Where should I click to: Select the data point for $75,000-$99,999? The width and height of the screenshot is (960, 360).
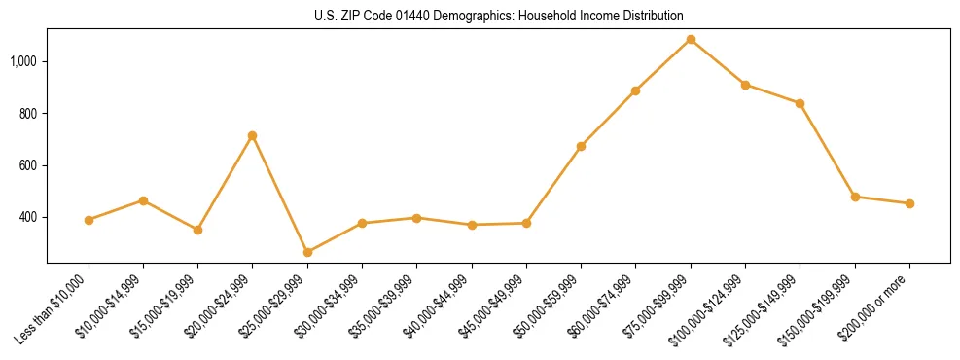(x=691, y=40)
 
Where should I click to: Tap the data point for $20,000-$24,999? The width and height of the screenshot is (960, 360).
(x=253, y=136)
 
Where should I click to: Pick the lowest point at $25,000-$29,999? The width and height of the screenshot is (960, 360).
(x=307, y=252)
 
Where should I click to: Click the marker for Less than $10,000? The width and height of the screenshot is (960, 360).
(x=89, y=220)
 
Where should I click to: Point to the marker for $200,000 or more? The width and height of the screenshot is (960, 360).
(x=909, y=203)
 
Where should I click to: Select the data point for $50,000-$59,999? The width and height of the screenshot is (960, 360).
(x=581, y=146)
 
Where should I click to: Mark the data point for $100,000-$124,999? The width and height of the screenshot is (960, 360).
(x=745, y=85)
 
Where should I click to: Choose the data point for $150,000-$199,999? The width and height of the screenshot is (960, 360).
(x=855, y=197)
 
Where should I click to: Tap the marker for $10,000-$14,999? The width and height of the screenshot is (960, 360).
(x=143, y=200)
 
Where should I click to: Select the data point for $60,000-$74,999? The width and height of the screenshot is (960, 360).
(x=635, y=90)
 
